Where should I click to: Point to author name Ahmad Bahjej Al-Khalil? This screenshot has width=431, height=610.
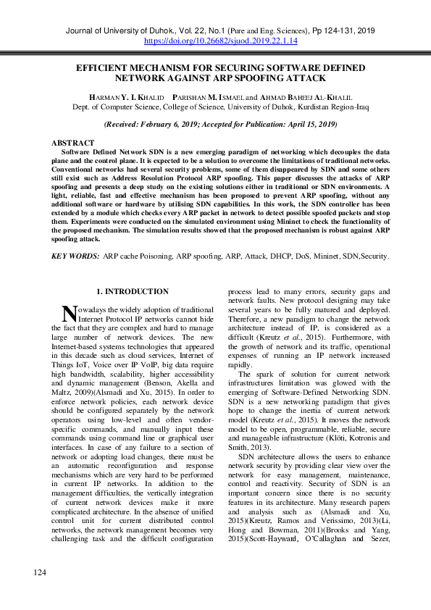coord(305,96)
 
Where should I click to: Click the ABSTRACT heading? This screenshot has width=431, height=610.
coord(72,143)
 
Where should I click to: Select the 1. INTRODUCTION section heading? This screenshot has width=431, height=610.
coord(133,291)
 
